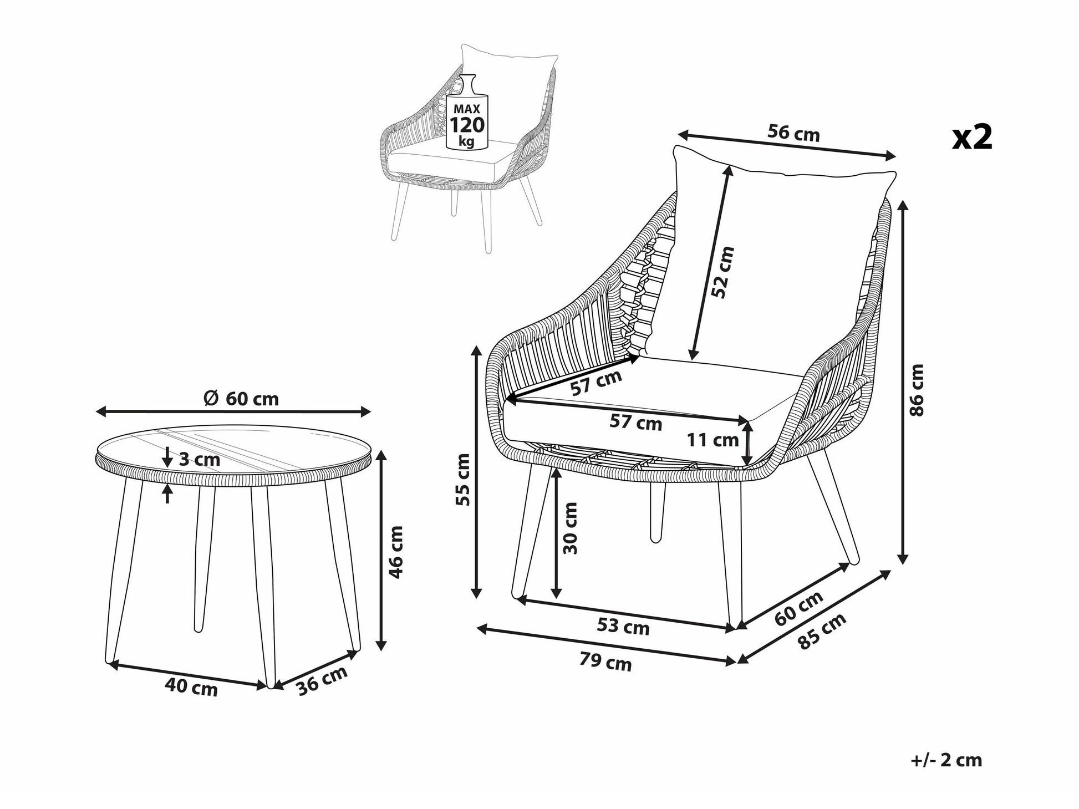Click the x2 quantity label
tap(972, 137)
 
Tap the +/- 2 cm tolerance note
tap(946, 760)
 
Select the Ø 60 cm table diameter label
tap(241, 398)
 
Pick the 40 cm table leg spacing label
tap(191, 687)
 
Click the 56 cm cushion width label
tap(793, 133)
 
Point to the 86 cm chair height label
tap(917, 390)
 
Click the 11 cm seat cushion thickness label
tap(713, 440)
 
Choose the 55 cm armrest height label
tap(462, 479)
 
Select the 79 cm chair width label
tap(605, 662)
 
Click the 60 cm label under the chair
tap(798, 608)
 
